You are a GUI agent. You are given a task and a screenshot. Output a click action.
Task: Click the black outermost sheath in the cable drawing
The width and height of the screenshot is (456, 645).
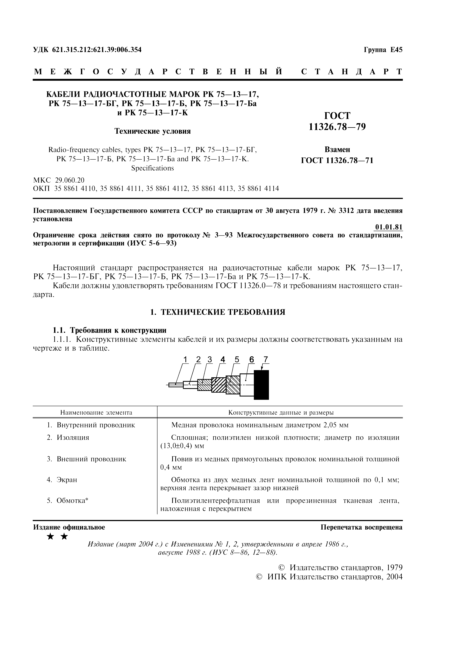tap(261, 385)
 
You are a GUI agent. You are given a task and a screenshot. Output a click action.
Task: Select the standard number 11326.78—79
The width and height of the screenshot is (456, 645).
tap(337, 127)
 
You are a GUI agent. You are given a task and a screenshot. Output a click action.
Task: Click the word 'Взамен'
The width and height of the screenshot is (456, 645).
tap(337, 149)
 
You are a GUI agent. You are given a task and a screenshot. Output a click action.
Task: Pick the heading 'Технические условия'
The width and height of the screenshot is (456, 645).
tap(152, 131)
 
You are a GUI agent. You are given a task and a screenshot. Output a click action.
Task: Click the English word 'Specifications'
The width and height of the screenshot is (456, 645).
tap(152, 168)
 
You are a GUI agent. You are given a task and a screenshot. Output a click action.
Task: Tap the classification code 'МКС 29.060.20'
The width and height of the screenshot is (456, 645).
tap(59, 180)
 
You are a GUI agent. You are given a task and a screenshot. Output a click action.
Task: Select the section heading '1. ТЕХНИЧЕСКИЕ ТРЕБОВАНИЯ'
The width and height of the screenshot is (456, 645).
tap(218, 312)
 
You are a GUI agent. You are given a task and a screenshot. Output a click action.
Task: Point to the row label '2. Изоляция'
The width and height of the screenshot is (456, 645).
tap(68, 437)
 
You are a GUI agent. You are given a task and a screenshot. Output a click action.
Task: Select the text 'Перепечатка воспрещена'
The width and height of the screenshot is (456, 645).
tap(362, 527)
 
